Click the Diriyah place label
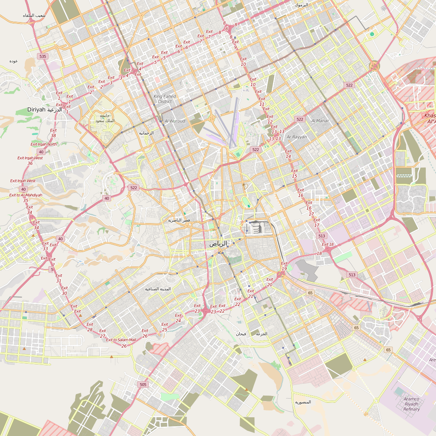tap(36, 109)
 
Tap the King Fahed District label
tap(165, 99)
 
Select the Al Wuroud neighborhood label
tap(175, 121)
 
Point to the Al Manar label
tap(320, 121)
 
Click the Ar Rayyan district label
tap(296, 137)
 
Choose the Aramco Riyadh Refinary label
tap(411, 404)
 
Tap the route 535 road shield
tap(42, 56)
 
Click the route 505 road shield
tap(143, 384)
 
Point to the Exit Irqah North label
tap(43, 144)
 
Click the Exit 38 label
tap(53, 133)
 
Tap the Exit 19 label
tap(284, 266)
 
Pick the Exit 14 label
tap(288, 154)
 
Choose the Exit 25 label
tap(164, 327)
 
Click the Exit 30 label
tap(64, 290)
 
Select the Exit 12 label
tap(270, 119)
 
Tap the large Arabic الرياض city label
tap(218, 244)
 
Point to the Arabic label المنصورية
tap(303, 402)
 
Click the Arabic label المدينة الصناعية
tap(158, 289)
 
